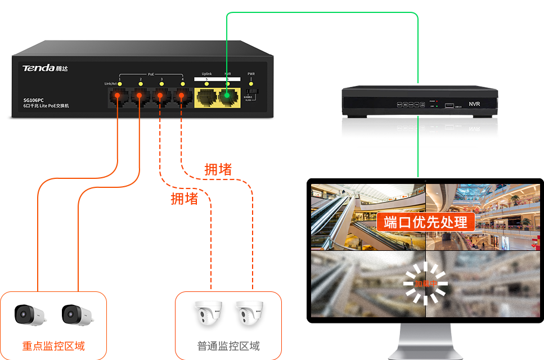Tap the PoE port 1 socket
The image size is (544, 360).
point(117,97)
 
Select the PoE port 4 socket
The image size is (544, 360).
point(181,97)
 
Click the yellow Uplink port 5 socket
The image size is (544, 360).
point(206,97)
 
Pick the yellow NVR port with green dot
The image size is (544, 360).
point(228,97)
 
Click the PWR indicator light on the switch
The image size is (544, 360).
point(251,83)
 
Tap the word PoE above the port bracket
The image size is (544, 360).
point(151,74)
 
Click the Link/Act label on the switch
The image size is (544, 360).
point(110,84)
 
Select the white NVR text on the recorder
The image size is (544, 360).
point(474,104)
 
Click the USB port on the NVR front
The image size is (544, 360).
point(448,105)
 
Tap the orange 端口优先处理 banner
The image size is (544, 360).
point(425,221)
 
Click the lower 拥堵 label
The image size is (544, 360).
point(185,199)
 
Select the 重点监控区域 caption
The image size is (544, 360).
point(53,345)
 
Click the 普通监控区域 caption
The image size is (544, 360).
point(228,345)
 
